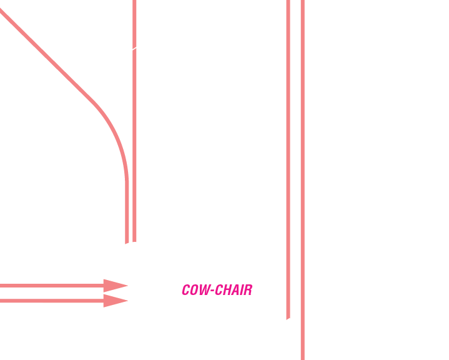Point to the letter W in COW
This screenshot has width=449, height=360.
click(204, 290)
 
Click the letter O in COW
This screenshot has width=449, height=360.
click(195, 290)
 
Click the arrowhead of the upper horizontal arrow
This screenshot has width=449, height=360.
click(115, 286)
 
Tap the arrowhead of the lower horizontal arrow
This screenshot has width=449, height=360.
click(115, 301)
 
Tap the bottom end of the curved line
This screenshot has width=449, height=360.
click(127, 241)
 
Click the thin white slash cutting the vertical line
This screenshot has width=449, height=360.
click(134, 47)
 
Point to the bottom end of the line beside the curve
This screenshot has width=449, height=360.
click(134, 239)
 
